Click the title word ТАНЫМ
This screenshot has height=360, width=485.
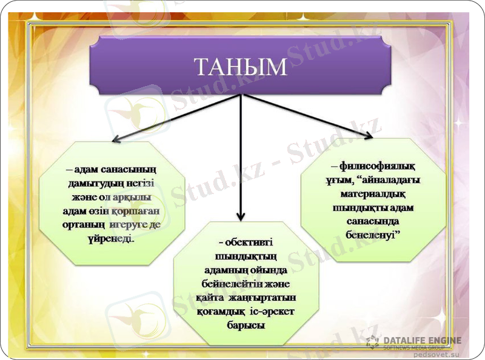pos(241,67)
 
